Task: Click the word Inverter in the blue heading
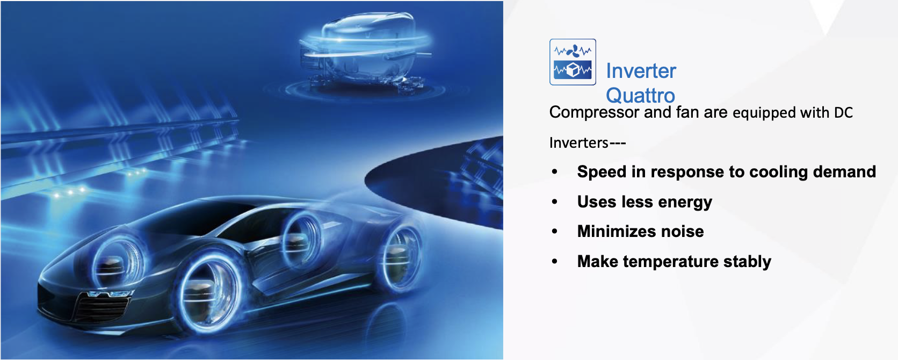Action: tap(641, 71)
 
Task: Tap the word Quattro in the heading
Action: tap(640, 96)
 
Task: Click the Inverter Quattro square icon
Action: tap(573, 62)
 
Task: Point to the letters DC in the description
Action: tap(843, 113)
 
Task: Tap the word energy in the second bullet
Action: tap(685, 202)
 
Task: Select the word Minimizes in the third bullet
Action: tap(616, 232)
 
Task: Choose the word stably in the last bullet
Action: tap(747, 262)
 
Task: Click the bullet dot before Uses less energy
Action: tap(554, 201)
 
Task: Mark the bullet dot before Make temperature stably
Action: tap(554, 261)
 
